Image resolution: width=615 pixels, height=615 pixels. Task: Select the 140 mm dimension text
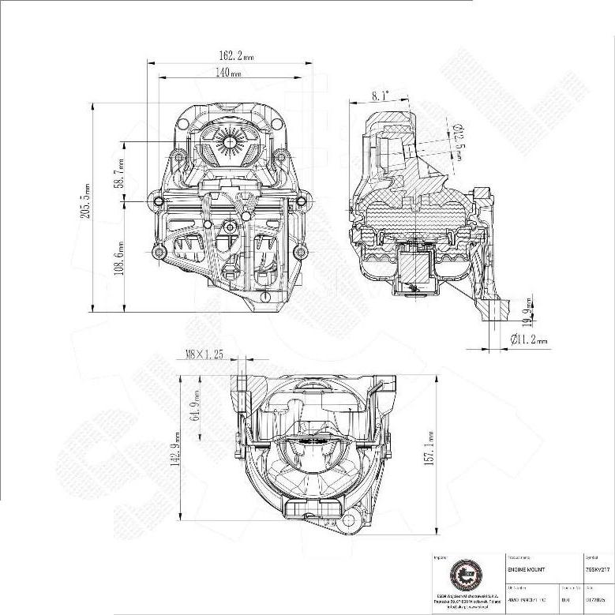tap(230, 73)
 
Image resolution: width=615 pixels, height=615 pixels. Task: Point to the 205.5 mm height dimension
tap(87, 201)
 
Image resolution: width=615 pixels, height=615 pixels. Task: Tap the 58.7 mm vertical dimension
tap(119, 173)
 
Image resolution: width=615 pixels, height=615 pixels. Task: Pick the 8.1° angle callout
tap(380, 96)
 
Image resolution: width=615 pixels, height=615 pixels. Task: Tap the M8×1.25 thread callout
tap(204, 354)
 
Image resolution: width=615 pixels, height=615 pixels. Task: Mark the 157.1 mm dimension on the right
tap(429, 448)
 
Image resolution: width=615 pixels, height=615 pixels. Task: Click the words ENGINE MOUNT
tap(524, 569)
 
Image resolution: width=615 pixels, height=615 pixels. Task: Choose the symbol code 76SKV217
tap(597, 569)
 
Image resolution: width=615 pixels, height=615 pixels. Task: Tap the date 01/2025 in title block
tap(597, 598)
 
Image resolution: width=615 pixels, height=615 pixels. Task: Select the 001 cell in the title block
tap(566, 598)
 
